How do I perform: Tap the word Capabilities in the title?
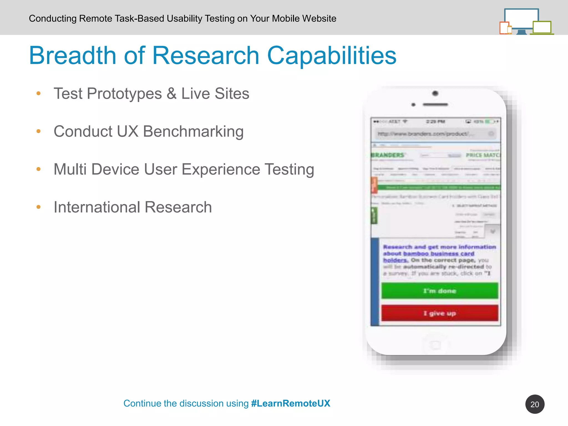tap(331, 56)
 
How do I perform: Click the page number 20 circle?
tap(534, 404)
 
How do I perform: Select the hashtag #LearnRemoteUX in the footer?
tap(290, 403)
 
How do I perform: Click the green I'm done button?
tap(440, 291)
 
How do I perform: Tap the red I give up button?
tap(440, 313)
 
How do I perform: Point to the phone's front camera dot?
tap(435, 93)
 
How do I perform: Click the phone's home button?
tap(435, 345)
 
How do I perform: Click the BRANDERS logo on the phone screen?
tap(388, 155)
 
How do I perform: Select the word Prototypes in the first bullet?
tap(124, 93)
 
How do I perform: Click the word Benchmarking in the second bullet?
tap(193, 131)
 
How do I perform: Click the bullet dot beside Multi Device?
tap(39, 169)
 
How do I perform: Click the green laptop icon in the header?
tap(542, 28)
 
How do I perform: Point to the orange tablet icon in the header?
tap(504, 28)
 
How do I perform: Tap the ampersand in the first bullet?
tap(171, 93)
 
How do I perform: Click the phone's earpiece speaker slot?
tap(435, 105)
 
